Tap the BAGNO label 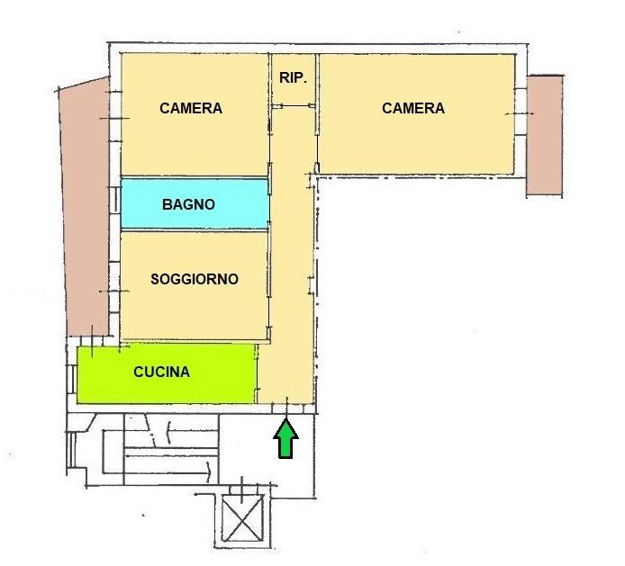pos(188,204)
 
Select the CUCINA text pos(161,372)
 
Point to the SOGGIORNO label pos(195,279)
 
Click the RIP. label pos(293,77)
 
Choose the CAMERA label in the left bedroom pos(191,108)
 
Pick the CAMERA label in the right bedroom pos(413,108)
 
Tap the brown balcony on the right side pos(545,135)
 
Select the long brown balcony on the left pos(86,207)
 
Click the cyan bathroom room pos(195,204)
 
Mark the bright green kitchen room pos(166,373)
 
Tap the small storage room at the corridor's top pos(294,79)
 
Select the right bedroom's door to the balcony pos(521,113)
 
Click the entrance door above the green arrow pos(287,408)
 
